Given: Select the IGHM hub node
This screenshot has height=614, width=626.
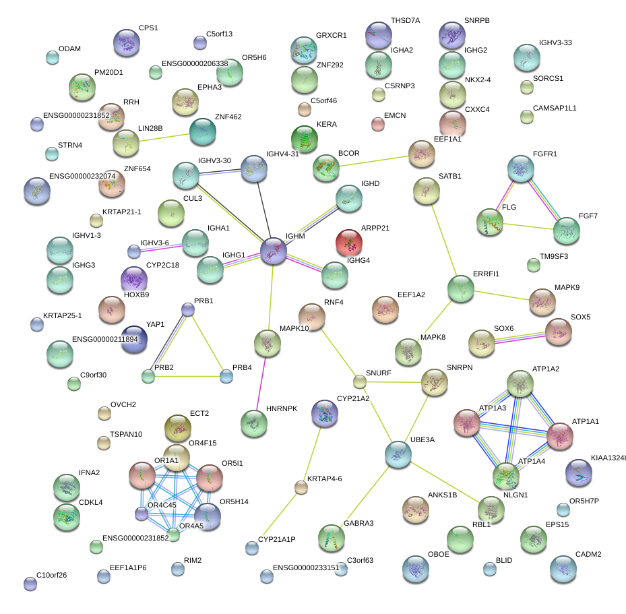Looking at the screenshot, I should point(274,250).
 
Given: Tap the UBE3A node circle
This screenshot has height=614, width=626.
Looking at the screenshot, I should point(399,455).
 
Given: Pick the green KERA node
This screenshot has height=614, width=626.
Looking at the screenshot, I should point(305,139).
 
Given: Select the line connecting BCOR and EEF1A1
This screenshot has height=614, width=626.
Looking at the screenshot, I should point(374,161).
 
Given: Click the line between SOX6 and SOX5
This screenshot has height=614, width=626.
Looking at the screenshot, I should point(520,337).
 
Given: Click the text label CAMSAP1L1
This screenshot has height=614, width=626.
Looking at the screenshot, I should point(555,108).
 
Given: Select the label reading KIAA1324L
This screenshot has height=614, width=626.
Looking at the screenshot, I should point(608,458).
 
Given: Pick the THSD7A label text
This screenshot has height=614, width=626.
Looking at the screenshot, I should point(405,21).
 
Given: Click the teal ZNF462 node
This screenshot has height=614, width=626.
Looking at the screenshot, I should point(202,132).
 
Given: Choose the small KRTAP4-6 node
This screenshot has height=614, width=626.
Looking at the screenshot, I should point(301,487).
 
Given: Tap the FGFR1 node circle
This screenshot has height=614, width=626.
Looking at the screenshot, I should point(521,168).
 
